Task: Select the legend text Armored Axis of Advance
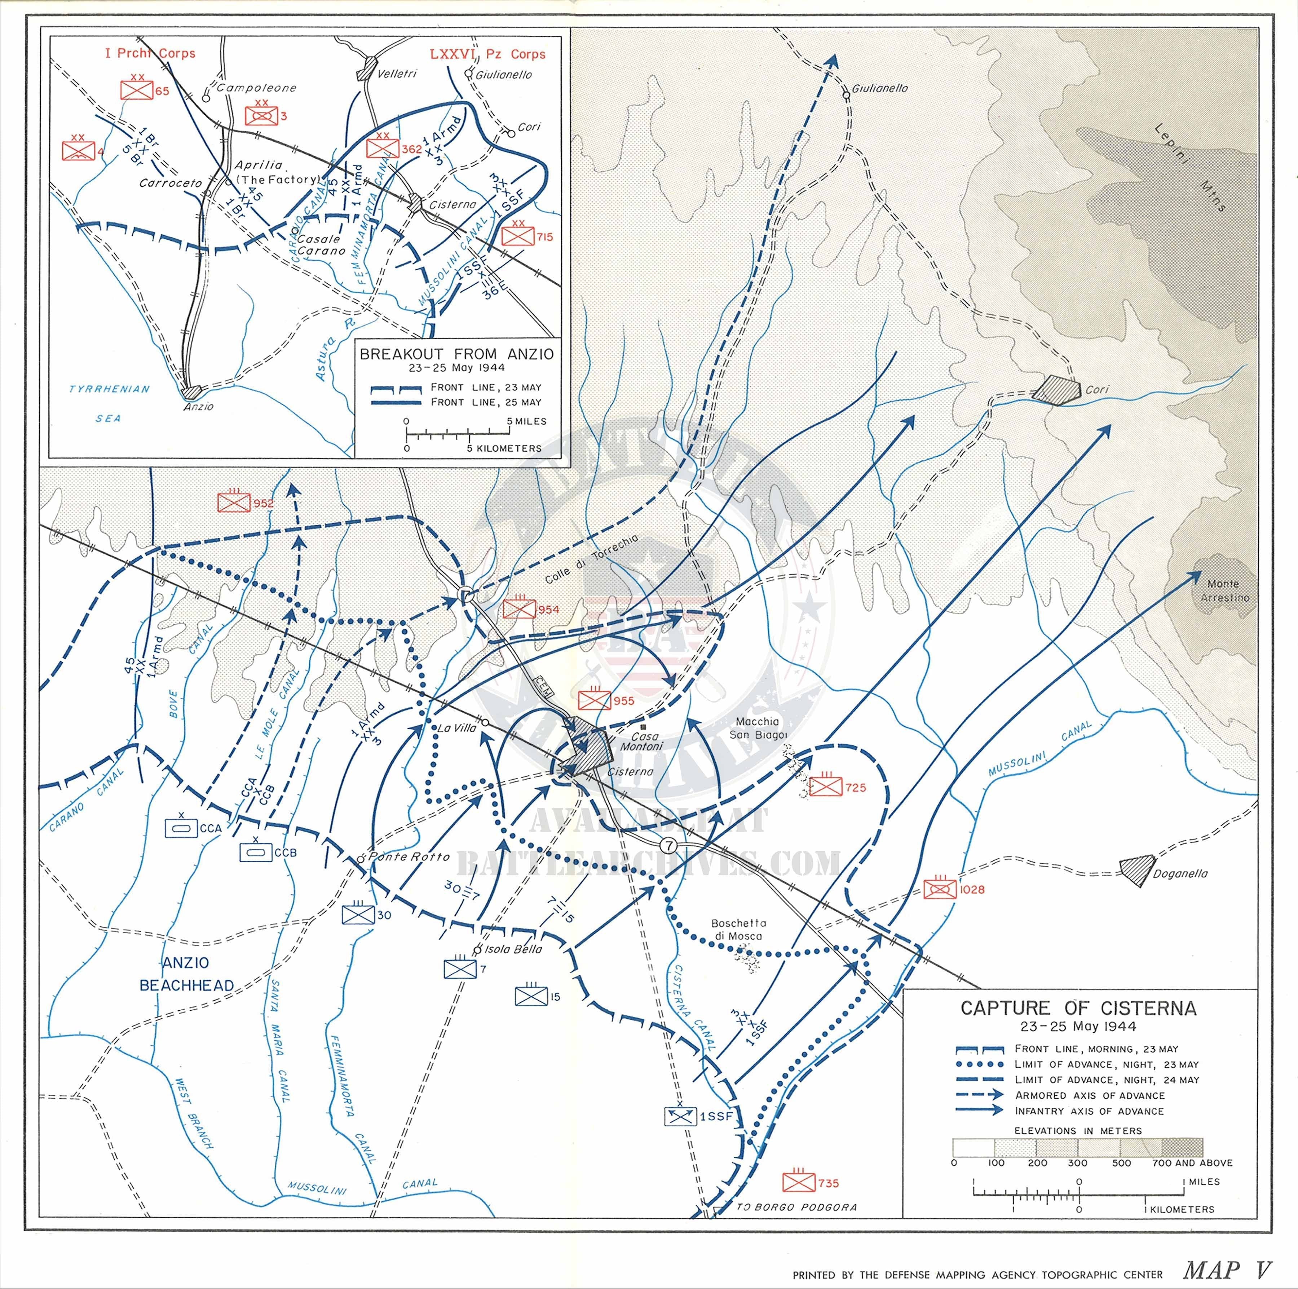(1090, 1095)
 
